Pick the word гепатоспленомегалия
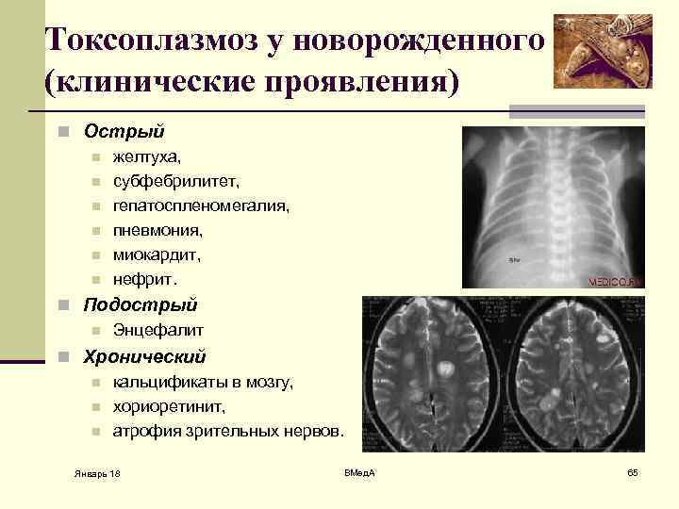click(x=201, y=205)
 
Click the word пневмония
click(x=157, y=229)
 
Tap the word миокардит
click(x=157, y=254)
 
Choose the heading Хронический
click(x=144, y=357)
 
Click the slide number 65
click(x=632, y=470)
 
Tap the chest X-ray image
click(x=552, y=207)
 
